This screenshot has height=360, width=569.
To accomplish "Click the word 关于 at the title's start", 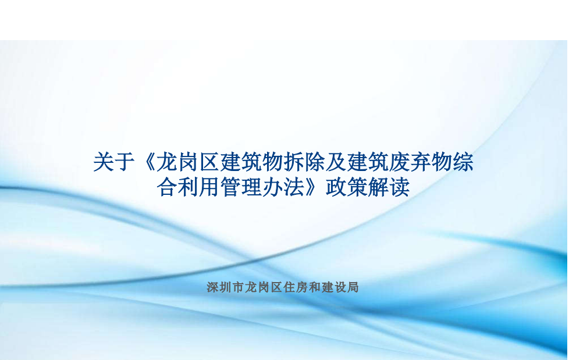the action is (x=114, y=162).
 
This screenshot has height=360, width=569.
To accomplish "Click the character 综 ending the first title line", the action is (x=463, y=162).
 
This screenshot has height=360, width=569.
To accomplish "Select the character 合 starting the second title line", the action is (x=168, y=187).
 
